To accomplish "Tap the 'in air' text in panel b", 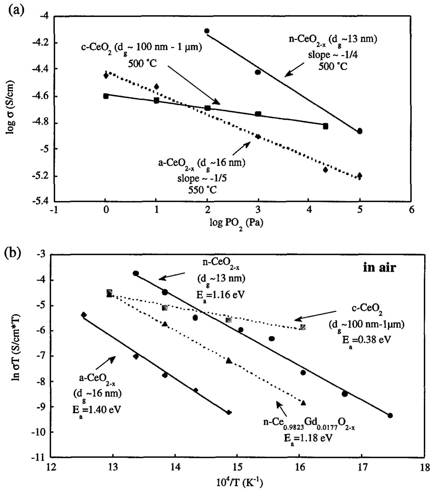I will pyautogui.click(x=379, y=268).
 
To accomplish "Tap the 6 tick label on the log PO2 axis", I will pyautogui.click(x=411, y=211).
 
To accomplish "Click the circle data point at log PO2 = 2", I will pyautogui.click(x=207, y=31).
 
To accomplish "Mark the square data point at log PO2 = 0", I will pyautogui.click(x=106, y=96).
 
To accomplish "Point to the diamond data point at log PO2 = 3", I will pyautogui.click(x=258, y=137).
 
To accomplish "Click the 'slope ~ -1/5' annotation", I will pyautogui.click(x=202, y=178).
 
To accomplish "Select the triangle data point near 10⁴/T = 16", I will pyautogui.click(x=303, y=403).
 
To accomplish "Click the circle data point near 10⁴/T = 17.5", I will pyautogui.click(x=390, y=415).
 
